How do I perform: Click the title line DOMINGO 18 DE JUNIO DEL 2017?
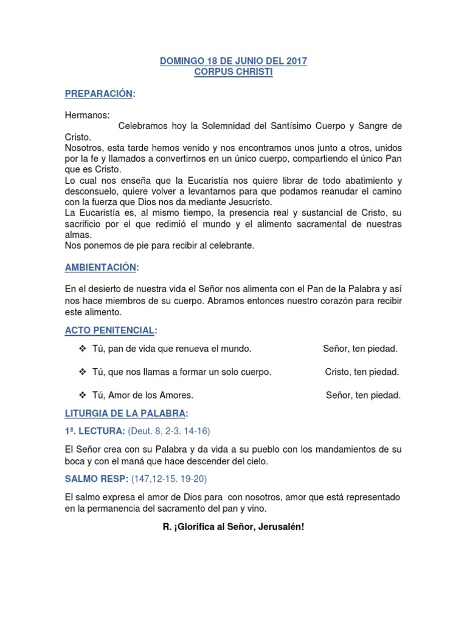(x=233, y=61)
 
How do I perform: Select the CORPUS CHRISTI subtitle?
(x=233, y=72)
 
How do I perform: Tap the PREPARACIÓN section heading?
(x=99, y=93)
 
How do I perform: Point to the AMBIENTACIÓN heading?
(x=101, y=267)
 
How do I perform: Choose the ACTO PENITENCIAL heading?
(x=109, y=330)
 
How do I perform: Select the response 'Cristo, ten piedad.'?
(x=362, y=372)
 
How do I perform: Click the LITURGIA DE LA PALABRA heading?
(x=125, y=414)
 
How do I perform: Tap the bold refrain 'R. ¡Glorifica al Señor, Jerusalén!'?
(x=233, y=526)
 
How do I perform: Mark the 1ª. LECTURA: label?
(x=95, y=431)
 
